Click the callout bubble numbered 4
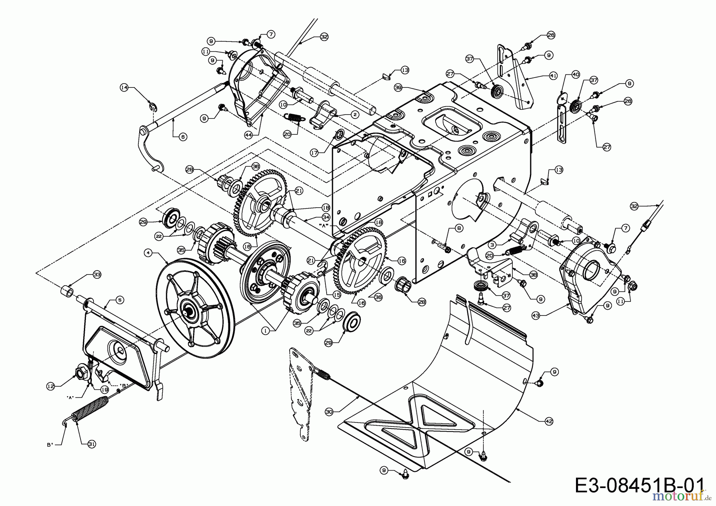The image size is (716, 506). [x=148, y=252]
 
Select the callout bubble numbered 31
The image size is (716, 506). [x=92, y=445]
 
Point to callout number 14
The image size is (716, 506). [x=125, y=88]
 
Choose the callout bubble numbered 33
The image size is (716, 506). [x=96, y=274]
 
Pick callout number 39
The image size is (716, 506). [x=398, y=87]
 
